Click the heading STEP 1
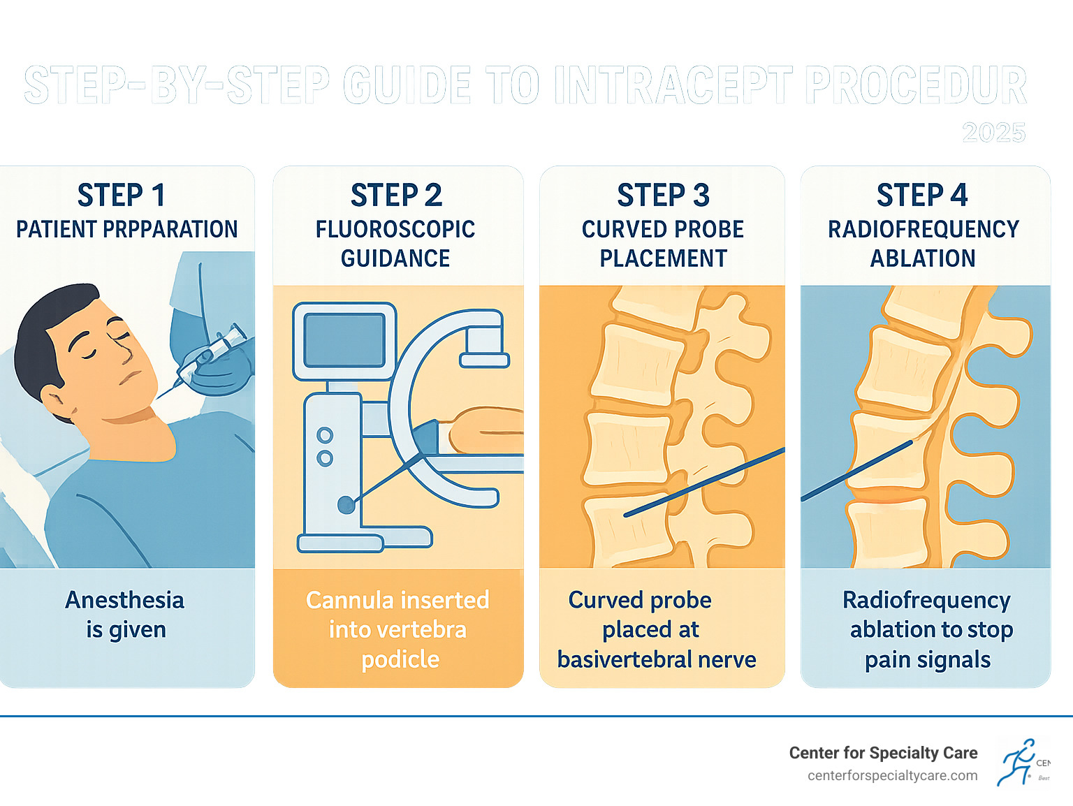[122, 196]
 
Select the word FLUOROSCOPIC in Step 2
[395, 230]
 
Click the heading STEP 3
[663, 196]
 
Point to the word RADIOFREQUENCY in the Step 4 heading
[924, 230]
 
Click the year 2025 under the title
[993, 133]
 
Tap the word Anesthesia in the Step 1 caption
[125, 600]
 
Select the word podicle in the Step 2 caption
[400, 659]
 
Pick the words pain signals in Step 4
[928, 659]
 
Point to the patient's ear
[54, 402]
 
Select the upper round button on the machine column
[325, 436]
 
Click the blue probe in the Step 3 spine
[706, 481]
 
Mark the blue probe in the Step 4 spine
[856, 471]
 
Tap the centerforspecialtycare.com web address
[892, 776]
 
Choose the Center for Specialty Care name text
[883, 753]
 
